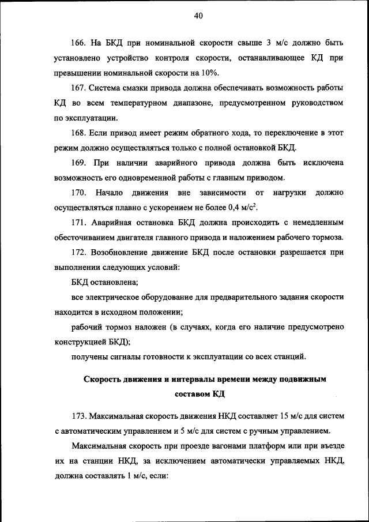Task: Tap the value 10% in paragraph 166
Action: pyautogui.click(x=210, y=73)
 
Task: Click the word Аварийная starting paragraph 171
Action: pyautogui.click(x=113, y=222)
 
